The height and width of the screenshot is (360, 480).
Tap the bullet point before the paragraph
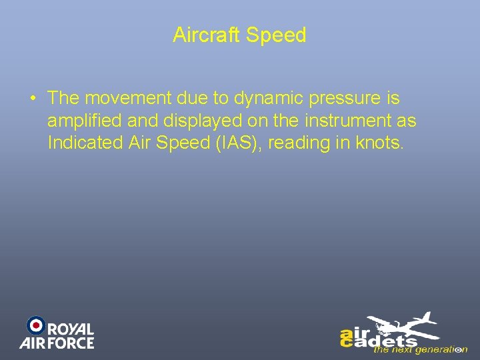33,99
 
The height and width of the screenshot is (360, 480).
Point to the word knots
381,143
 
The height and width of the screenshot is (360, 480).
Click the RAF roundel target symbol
35,325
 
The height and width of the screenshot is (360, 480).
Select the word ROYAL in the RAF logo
71,330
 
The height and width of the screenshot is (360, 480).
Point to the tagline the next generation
420,349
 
